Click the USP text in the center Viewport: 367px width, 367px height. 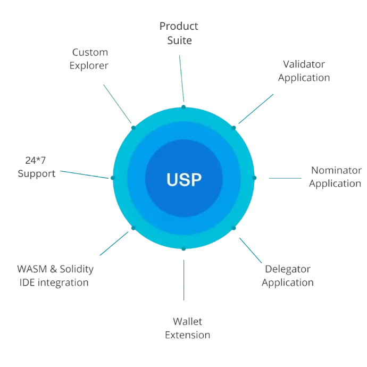click(183, 179)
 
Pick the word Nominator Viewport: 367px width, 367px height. click(336, 171)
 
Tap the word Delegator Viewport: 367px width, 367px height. click(287, 269)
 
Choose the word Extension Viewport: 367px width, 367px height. click(188, 336)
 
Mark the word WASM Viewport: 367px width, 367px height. click(33, 269)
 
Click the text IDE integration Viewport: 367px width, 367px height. click(53, 282)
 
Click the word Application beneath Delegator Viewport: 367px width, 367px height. click(288, 282)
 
